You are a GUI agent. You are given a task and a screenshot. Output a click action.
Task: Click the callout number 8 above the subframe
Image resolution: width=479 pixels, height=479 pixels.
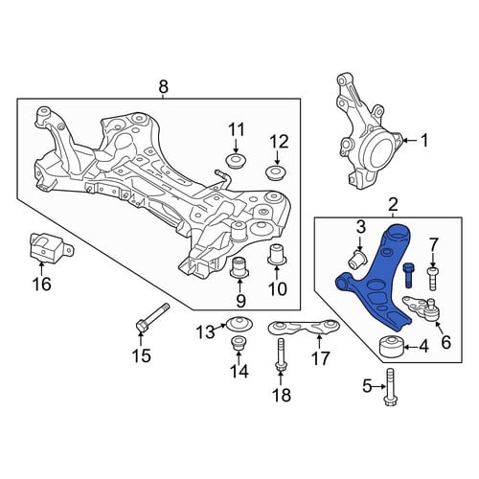[163, 86]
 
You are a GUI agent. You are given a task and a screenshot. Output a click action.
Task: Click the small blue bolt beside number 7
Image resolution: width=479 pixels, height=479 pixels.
[409, 275]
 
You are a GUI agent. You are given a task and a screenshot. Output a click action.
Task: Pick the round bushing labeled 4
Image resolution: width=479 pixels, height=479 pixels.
[392, 347]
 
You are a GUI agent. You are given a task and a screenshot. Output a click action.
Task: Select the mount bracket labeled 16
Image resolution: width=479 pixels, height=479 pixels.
[49, 249]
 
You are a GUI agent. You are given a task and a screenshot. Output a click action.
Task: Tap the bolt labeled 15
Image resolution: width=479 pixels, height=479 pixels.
[151, 319]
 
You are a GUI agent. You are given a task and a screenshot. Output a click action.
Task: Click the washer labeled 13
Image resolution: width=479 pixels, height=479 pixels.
[239, 325]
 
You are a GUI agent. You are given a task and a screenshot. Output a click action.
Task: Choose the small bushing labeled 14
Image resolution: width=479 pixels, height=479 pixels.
[238, 344]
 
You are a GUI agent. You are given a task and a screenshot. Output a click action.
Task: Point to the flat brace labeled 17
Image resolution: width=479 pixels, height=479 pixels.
[304, 328]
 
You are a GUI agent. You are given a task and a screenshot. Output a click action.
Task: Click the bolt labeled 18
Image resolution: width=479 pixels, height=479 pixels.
[281, 355]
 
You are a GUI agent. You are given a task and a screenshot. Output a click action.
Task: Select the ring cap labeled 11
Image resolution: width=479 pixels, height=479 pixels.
[236, 161]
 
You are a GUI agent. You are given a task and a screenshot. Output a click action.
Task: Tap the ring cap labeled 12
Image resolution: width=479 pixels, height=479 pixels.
[277, 172]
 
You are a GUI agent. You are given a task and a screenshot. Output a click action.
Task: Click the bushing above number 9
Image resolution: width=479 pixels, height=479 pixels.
[239, 267]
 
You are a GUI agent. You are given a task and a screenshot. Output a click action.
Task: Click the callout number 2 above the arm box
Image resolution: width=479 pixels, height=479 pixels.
[393, 205]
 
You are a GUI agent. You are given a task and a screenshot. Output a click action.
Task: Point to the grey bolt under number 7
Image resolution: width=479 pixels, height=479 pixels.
[432, 279]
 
